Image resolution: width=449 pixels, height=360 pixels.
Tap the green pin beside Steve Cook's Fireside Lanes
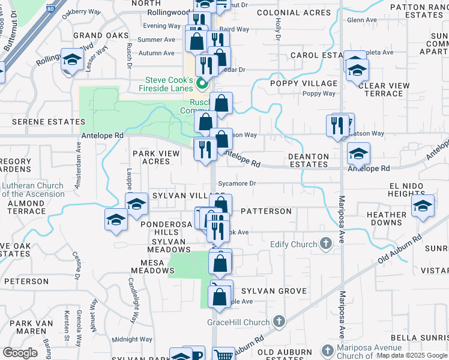coord(202,84)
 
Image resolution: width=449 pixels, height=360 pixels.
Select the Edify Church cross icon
coord(326,244)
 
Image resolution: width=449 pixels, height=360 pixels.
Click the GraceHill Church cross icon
coord(279,322)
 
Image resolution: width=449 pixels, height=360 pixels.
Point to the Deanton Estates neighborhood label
coord(309,160)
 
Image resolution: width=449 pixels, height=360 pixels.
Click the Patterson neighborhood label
coord(266,211)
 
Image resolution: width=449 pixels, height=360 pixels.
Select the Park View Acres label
coord(156,157)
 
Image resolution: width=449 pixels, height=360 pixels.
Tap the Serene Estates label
coord(38,121)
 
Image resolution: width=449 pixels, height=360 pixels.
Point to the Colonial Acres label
coord(293,13)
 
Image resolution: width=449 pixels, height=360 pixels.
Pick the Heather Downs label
coord(387,218)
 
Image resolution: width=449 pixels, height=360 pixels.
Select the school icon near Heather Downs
coord(423,206)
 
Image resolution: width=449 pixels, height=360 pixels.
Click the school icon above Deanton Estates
coord(359,154)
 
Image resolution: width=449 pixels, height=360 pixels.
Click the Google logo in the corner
coord(20,353)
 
